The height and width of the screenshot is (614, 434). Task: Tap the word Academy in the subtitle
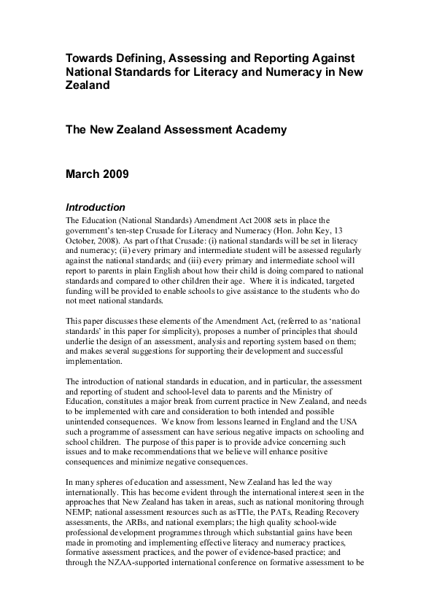[257, 131]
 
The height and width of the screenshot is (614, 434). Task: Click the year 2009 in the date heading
[115, 174]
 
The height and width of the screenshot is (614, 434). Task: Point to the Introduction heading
[96, 207]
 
